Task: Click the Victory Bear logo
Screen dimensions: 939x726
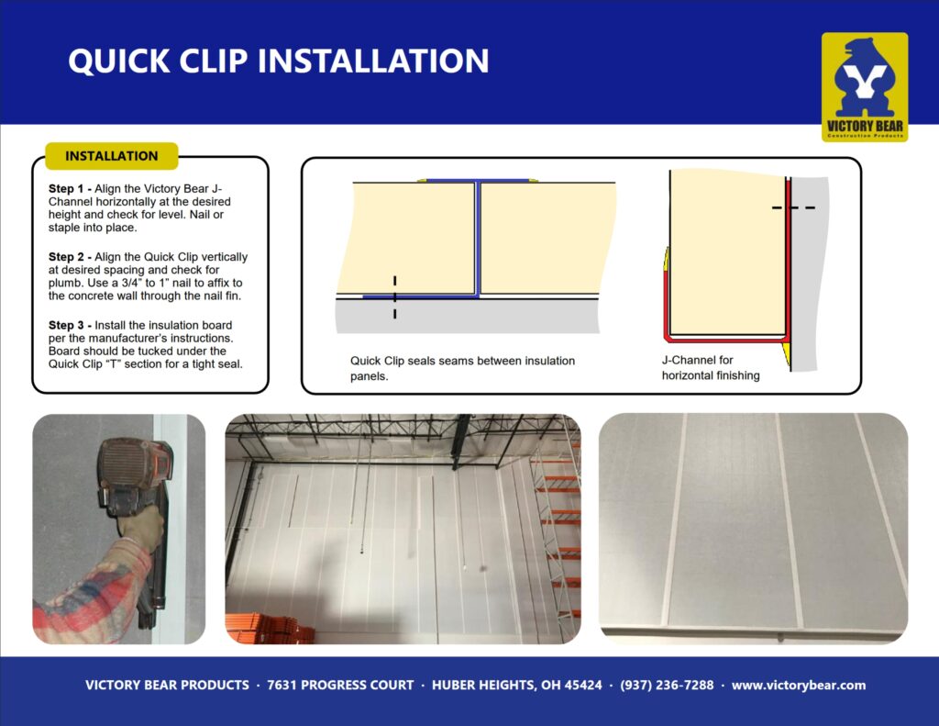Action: (864, 87)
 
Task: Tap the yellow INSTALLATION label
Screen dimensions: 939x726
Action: (111, 156)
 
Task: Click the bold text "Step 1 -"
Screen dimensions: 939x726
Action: (70, 189)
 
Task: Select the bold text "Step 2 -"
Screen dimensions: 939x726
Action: (70, 257)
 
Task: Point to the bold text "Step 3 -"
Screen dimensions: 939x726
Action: (70, 326)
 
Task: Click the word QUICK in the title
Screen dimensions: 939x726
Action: (119, 61)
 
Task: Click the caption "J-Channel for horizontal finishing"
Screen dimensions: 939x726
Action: (711, 367)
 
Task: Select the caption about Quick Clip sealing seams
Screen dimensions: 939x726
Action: (462, 368)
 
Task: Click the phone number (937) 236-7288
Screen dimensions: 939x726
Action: (667, 686)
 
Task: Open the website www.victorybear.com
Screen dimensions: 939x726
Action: (799, 686)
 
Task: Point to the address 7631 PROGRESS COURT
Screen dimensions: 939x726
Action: (340, 686)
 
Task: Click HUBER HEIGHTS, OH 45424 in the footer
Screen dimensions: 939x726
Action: (517, 686)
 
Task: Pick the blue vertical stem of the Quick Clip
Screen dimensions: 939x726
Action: (477, 239)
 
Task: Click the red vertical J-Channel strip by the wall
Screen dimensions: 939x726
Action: (789, 258)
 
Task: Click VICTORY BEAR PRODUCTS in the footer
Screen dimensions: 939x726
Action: (167, 686)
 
